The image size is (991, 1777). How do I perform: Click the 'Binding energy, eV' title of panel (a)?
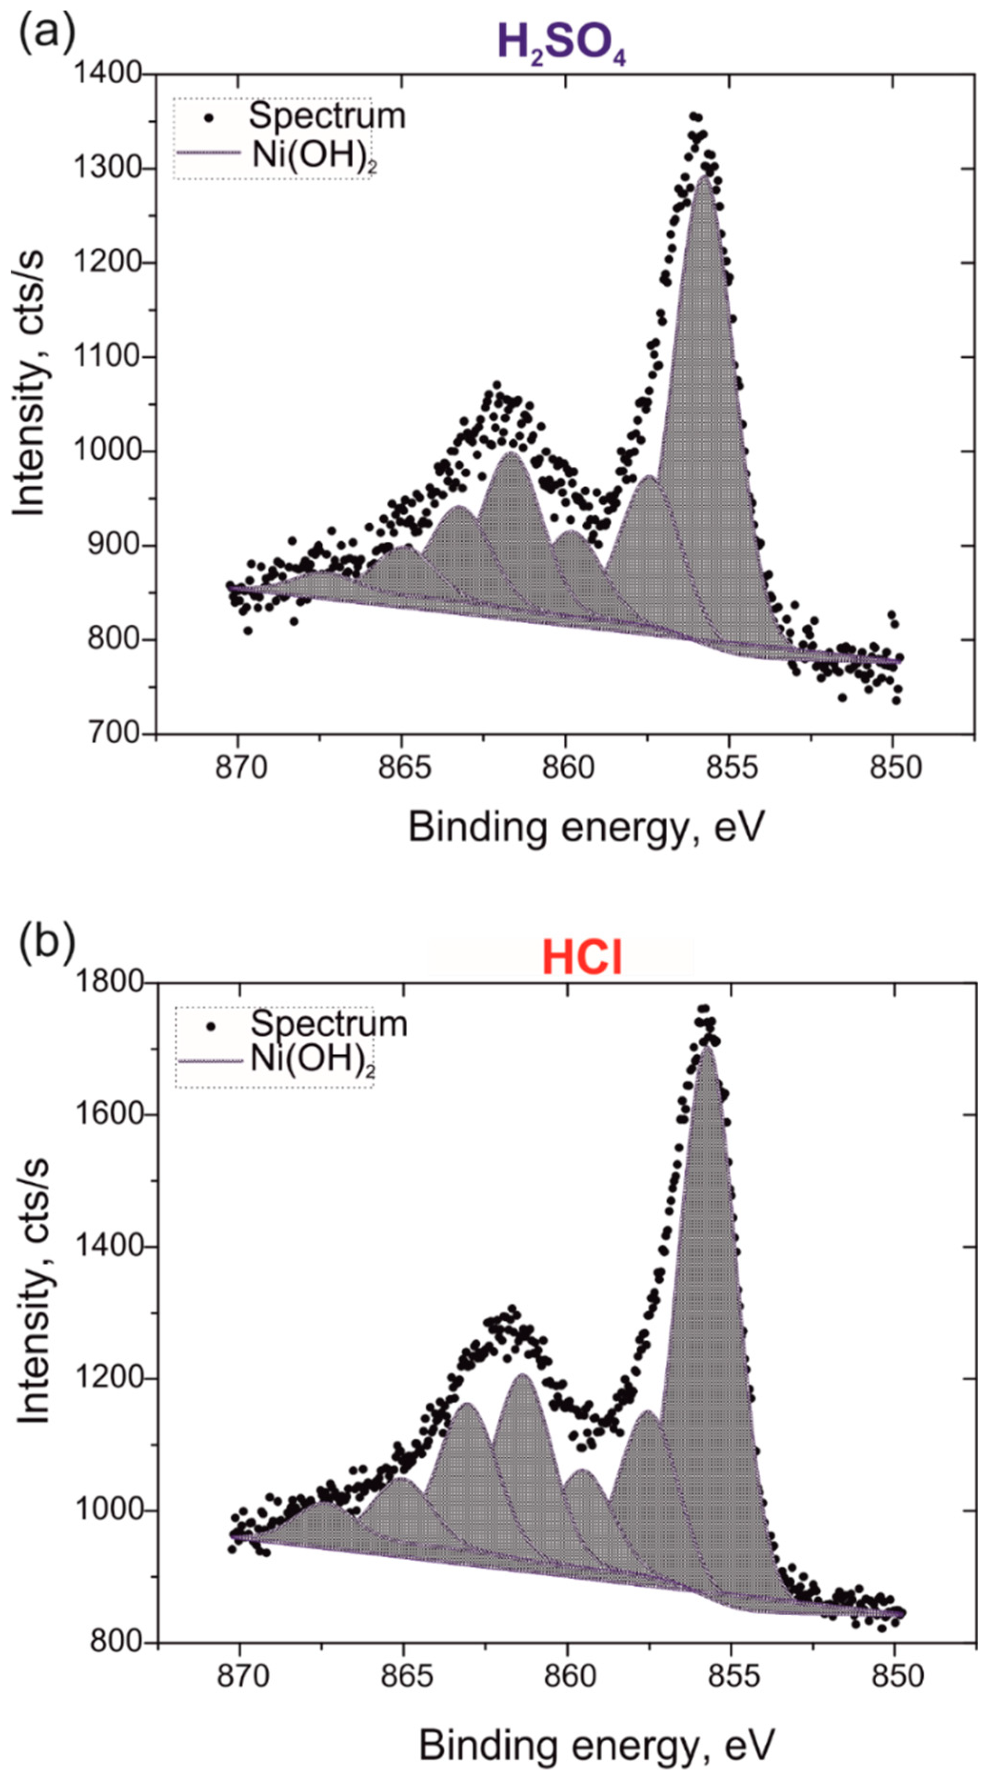[586, 826]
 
